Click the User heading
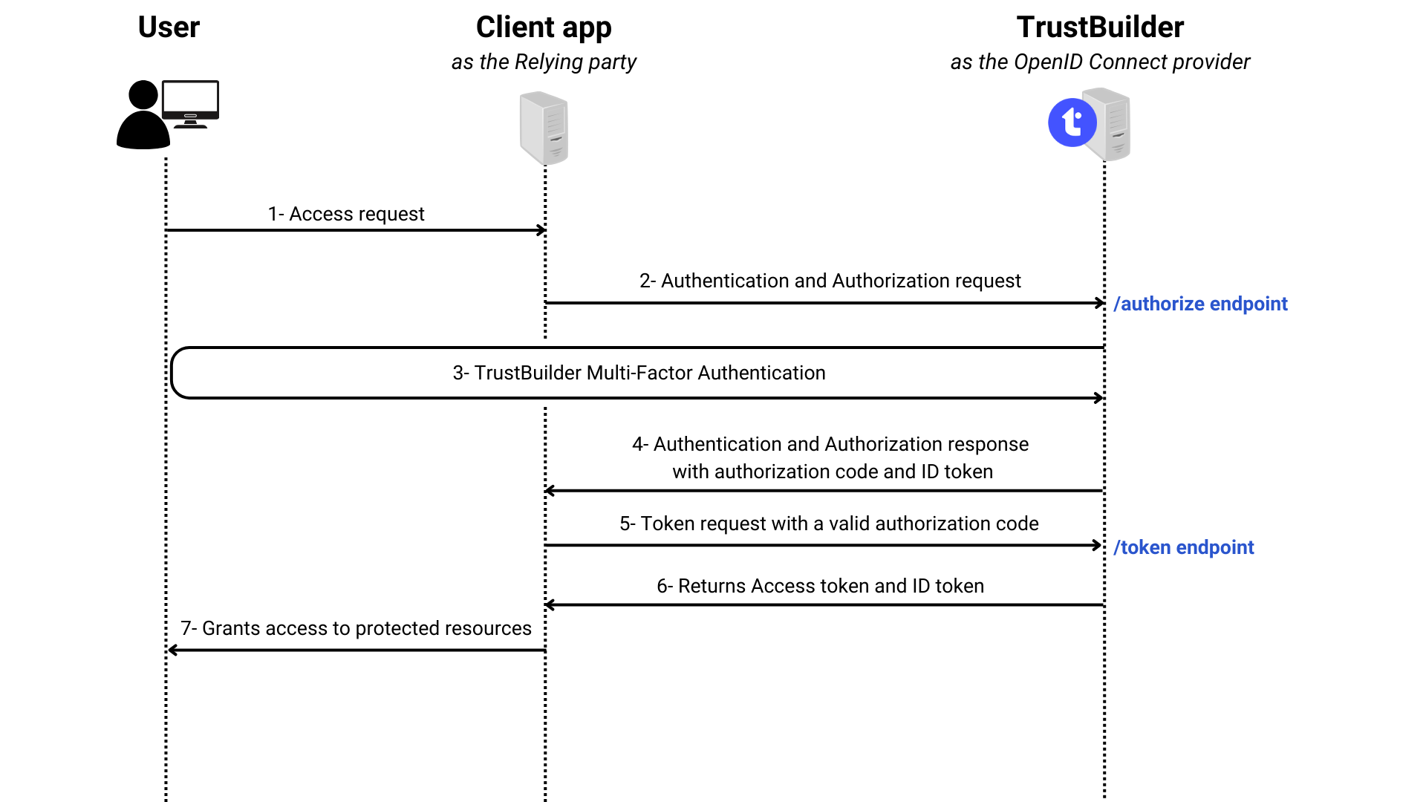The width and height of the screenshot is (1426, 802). tap(169, 27)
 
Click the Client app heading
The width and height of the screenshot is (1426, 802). tap(544, 27)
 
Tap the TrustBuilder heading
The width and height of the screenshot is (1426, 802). tap(1100, 27)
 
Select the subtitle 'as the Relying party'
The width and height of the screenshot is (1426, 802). tap(544, 62)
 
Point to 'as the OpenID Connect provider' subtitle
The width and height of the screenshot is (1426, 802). tap(1100, 62)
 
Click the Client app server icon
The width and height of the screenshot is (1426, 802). tap(544, 128)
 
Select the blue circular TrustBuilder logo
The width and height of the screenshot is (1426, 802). tap(1072, 123)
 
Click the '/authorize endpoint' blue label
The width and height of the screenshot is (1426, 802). tap(1200, 304)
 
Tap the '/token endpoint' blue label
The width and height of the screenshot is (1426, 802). tap(1184, 547)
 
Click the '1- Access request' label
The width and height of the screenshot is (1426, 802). tap(346, 214)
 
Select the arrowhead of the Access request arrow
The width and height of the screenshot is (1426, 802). tap(542, 230)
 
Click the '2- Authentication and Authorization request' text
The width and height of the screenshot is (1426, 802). tap(830, 281)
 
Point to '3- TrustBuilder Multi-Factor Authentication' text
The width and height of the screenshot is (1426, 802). tap(639, 373)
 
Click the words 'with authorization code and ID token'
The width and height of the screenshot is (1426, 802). tap(832, 472)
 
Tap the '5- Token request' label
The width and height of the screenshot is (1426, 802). tap(829, 524)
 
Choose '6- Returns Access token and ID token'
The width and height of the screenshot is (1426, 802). tap(820, 586)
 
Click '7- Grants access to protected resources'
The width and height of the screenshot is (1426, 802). tap(356, 628)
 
